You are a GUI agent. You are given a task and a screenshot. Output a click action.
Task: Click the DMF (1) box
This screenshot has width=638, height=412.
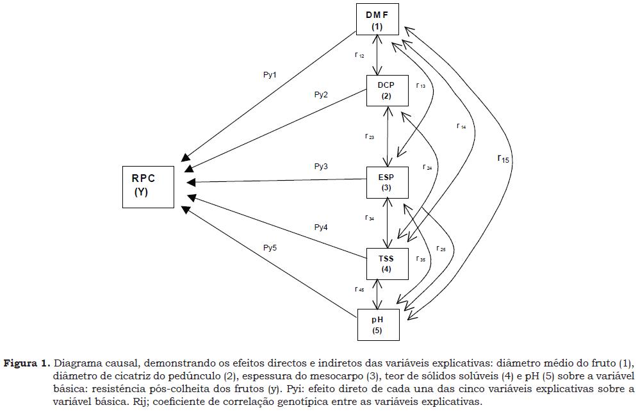pyautogui.click(x=377, y=20)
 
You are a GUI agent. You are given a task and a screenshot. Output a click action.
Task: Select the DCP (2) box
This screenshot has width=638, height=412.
pyautogui.click(x=386, y=90)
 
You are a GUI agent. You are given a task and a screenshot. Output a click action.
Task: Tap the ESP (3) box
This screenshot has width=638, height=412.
pyautogui.click(x=386, y=182)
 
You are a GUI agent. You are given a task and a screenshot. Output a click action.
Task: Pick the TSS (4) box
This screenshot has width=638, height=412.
pyautogui.click(x=386, y=263)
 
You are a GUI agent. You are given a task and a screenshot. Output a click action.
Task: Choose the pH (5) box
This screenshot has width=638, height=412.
pyautogui.click(x=377, y=324)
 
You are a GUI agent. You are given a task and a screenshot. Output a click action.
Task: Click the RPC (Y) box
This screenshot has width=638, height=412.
pyautogui.click(x=148, y=186)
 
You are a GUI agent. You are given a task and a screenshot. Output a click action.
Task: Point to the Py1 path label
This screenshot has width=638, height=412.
pyautogui.click(x=270, y=75)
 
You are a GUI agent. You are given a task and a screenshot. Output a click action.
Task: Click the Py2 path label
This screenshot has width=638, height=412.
pyautogui.click(x=321, y=95)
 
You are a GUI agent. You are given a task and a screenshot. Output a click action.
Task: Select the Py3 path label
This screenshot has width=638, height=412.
pyautogui.click(x=321, y=167)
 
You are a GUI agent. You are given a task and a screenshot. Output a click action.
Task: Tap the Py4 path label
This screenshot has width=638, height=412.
pyautogui.click(x=321, y=227)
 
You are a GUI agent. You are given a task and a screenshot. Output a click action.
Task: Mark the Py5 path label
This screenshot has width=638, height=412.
pyautogui.click(x=270, y=247)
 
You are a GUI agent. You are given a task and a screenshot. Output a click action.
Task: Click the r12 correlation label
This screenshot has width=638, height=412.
pyautogui.click(x=360, y=56)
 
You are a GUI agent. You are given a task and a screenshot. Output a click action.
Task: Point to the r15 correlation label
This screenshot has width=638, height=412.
pyautogui.click(x=503, y=158)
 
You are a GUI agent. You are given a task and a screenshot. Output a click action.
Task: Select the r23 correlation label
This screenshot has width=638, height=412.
pyautogui.click(x=370, y=136)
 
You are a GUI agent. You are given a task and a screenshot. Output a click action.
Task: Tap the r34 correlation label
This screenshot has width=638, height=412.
pyautogui.click(x=370, y=218)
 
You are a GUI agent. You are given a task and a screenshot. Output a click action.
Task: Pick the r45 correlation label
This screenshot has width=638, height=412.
pyautogui.click(x=359, y=290)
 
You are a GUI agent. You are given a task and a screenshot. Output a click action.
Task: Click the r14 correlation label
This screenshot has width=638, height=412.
pyautogui.click(x=461, y=126)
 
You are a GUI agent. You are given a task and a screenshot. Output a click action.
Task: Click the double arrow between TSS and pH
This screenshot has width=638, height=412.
pyautogui.click(x=382, y=294)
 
